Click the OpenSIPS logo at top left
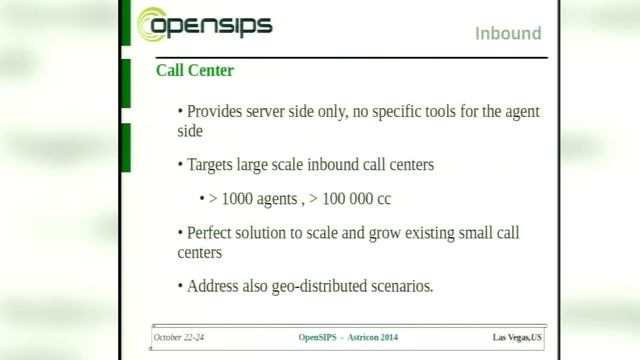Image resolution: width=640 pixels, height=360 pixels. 205,25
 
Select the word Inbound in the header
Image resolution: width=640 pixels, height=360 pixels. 508,34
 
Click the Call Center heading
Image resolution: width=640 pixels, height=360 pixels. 195,71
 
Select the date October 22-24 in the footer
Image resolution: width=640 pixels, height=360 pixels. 181,337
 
